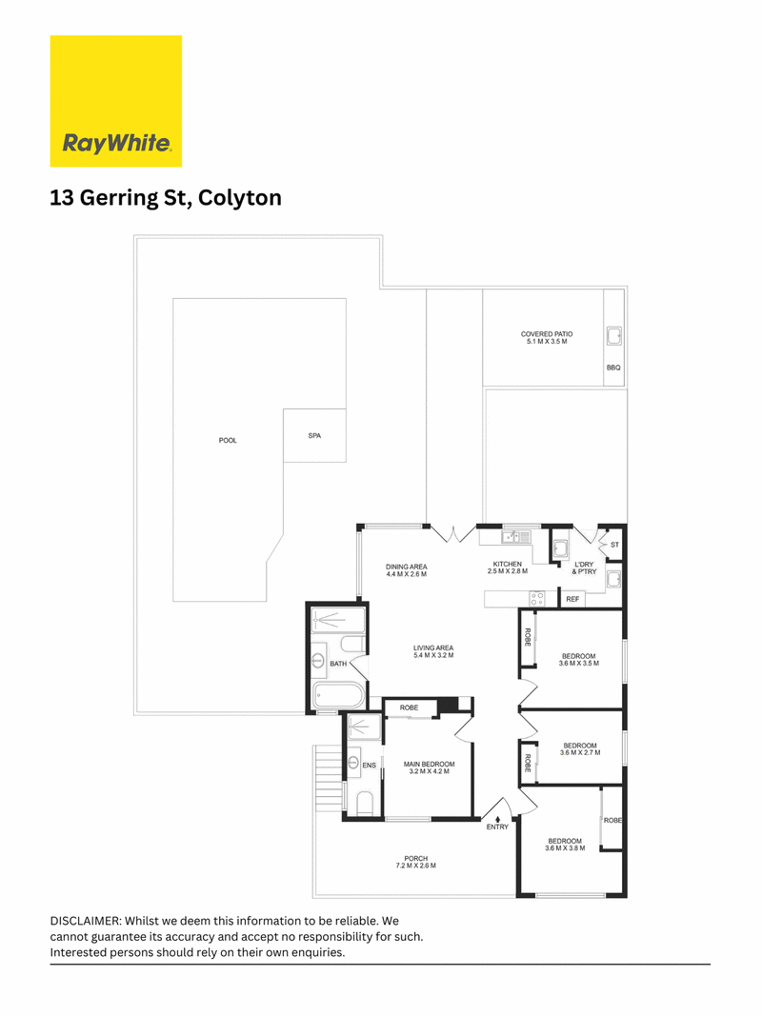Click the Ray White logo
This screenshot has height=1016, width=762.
(x=116, y=101)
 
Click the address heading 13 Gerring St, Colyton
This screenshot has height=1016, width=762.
(x=166, y=198)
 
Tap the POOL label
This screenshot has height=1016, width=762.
(x=228, y=441)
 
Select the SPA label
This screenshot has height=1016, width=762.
(x=314, y=436)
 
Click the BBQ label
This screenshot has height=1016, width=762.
(x=613, y=369)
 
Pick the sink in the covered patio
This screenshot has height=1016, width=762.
(x=613, y=336)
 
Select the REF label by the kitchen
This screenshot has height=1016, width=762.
(x=572, y=599)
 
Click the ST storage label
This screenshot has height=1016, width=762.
(x=615, y=545)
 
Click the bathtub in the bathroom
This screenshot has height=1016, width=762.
(x=339, y=697)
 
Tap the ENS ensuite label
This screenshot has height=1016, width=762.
(x=369, y=766)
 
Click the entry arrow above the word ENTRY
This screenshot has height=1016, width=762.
(x=497, y=819)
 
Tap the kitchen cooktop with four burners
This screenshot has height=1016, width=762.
(x=537, y=598)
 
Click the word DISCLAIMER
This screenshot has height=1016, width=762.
(x=86, y=922)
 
